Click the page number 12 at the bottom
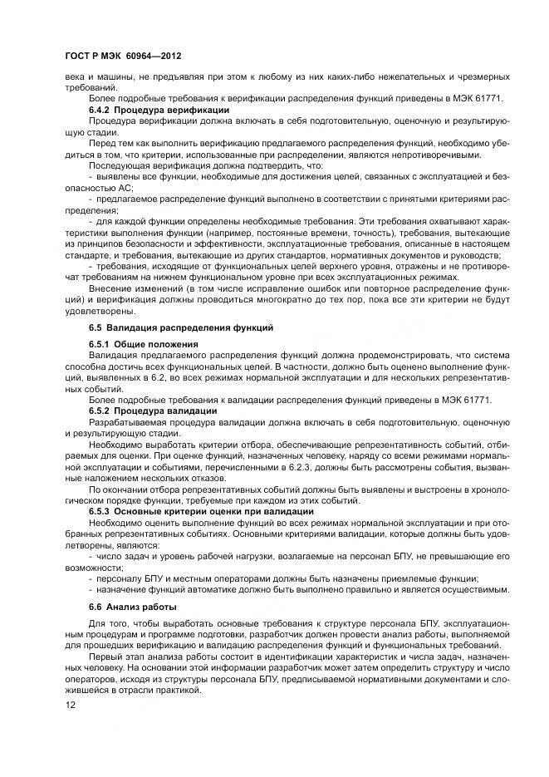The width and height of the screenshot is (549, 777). [70, 706]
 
